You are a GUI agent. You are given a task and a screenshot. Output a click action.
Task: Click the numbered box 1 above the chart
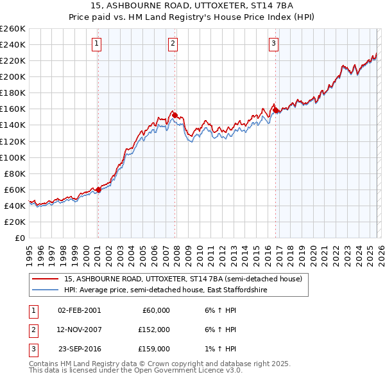click(x=96, y=44)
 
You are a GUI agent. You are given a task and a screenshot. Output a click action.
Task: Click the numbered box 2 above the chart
click(x=173, y=44)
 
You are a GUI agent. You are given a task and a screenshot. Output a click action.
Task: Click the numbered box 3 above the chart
click(x=273, y=44)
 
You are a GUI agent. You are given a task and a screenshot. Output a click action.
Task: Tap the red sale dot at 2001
click(x=98, y=189)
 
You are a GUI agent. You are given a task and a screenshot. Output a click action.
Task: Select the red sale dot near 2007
click(x=175, y=115)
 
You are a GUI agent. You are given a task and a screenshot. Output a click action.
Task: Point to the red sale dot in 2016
click(x=275, y=110)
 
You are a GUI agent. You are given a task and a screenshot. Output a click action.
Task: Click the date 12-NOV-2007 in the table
click(x=79, y=330)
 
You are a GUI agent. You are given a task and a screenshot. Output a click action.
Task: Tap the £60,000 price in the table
click(x=155, y=310)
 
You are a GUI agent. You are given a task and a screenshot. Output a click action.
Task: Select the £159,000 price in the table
click(x=155, y=349)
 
